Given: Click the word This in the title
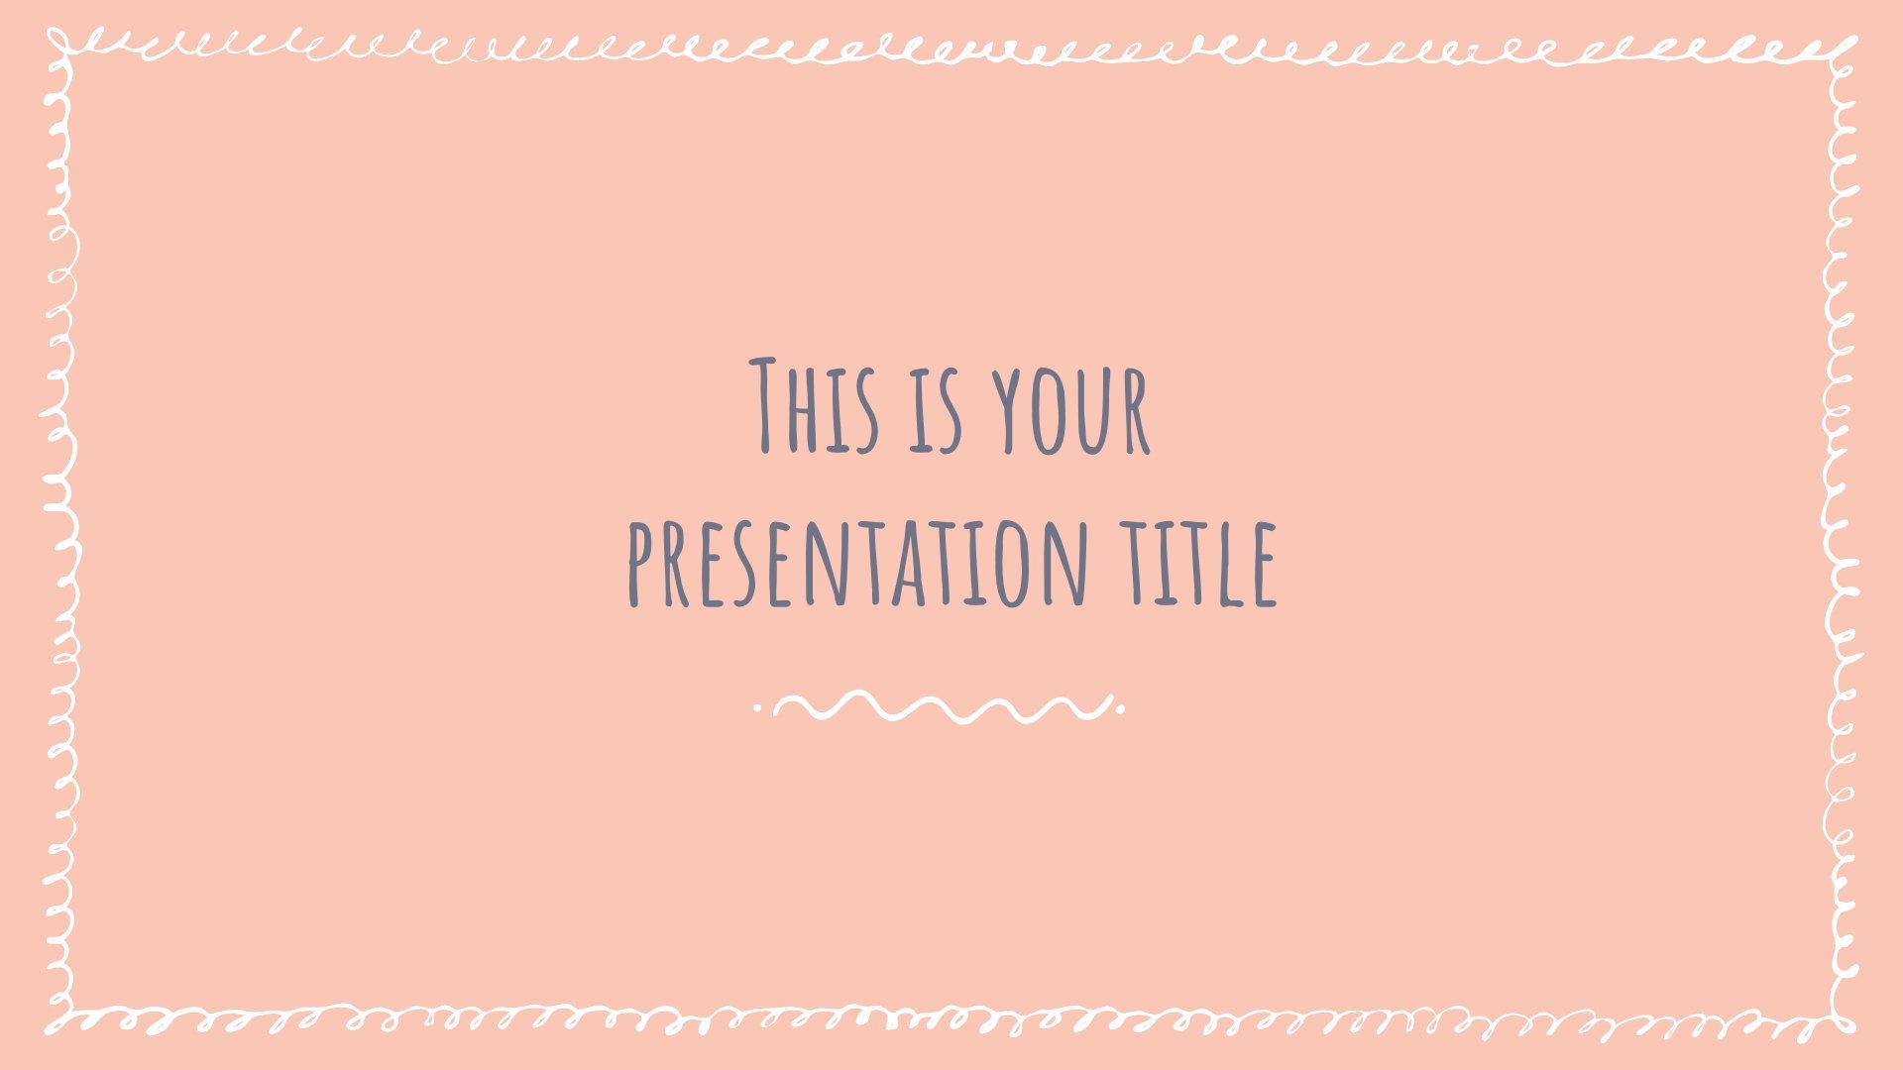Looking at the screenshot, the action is click(x=814, y=406).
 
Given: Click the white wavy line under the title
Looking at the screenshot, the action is click(x=942, y=706).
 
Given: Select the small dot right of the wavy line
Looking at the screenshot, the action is click(x=1121, y=708).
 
